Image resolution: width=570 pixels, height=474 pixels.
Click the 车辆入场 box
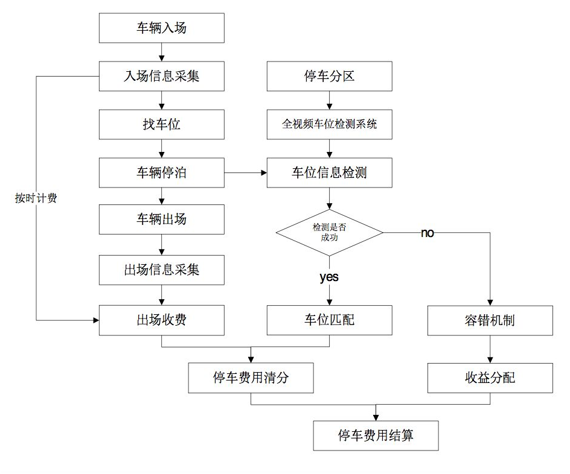pos(161,28)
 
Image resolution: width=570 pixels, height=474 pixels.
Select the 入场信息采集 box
pos(161,76)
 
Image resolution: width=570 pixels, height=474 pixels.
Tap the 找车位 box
pos(161,124)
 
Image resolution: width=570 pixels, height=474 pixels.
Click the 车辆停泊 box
pos(161,172)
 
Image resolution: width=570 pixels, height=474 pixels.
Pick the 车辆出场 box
pos(161,220)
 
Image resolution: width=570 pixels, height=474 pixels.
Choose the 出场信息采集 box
pos(161,270)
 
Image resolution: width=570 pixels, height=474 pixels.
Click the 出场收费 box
pos(161,320)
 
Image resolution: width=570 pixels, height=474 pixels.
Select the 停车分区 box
pos(329,76)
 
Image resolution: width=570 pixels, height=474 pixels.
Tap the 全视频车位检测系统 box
pos(329,124)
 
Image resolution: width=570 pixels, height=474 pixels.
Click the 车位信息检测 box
pos(329,172)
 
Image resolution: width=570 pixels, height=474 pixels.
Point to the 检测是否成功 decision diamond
pos(329,233)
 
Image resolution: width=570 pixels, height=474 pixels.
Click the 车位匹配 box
pos(329,320)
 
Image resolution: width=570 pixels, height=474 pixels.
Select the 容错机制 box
pos(490,320)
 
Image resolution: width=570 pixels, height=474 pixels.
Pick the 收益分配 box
pos(490,378)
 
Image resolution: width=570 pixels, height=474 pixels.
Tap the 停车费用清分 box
pos(251,378)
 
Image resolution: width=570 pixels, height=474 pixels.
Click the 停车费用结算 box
pos(376,435)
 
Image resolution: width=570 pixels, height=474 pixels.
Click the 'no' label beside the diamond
pos(427,233)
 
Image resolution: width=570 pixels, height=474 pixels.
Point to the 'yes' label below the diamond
pos(329,277)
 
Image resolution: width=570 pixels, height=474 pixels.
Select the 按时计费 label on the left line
pos(36,198)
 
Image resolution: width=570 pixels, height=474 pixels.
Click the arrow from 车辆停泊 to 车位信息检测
pos(246,172)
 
